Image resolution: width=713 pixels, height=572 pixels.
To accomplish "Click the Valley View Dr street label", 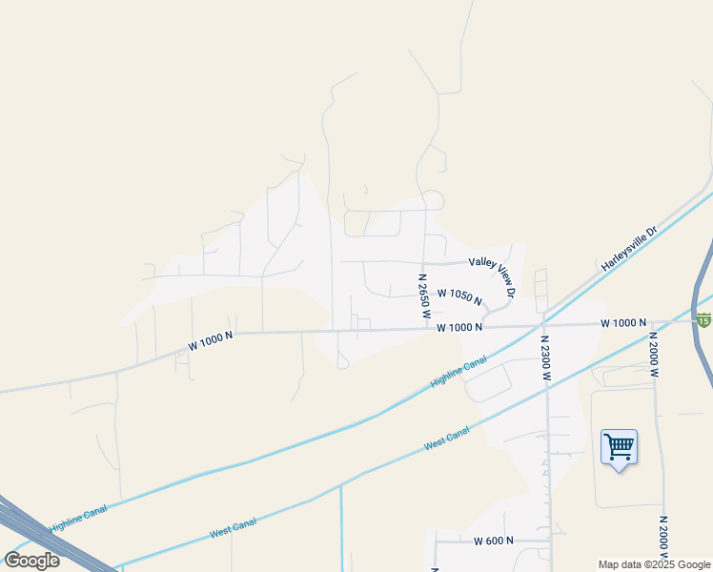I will point(492,275).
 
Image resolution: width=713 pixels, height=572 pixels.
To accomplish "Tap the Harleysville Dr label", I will point(629,249).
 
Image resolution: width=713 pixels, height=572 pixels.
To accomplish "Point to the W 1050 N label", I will point(459,296).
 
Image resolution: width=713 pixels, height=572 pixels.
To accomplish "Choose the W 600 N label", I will point(493,541).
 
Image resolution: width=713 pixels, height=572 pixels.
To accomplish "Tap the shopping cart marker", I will point(619,445).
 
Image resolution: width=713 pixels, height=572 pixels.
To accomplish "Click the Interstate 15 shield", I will point(703,319).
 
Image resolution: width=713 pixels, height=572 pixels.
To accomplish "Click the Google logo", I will point(31,561).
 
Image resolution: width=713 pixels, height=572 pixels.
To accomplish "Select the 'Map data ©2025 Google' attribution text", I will point(654,564).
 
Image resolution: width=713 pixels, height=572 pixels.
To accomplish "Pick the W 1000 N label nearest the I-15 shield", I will point(623,324).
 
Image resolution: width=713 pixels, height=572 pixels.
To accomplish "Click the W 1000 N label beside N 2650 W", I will point(459,327).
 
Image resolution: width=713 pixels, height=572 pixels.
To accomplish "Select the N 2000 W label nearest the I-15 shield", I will point(654,355).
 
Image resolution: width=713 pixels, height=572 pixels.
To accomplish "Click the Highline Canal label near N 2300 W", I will point(458,372).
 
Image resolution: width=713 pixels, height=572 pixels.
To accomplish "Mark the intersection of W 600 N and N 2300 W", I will point(548,541).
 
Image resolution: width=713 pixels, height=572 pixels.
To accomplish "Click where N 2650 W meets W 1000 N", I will point(424,329).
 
